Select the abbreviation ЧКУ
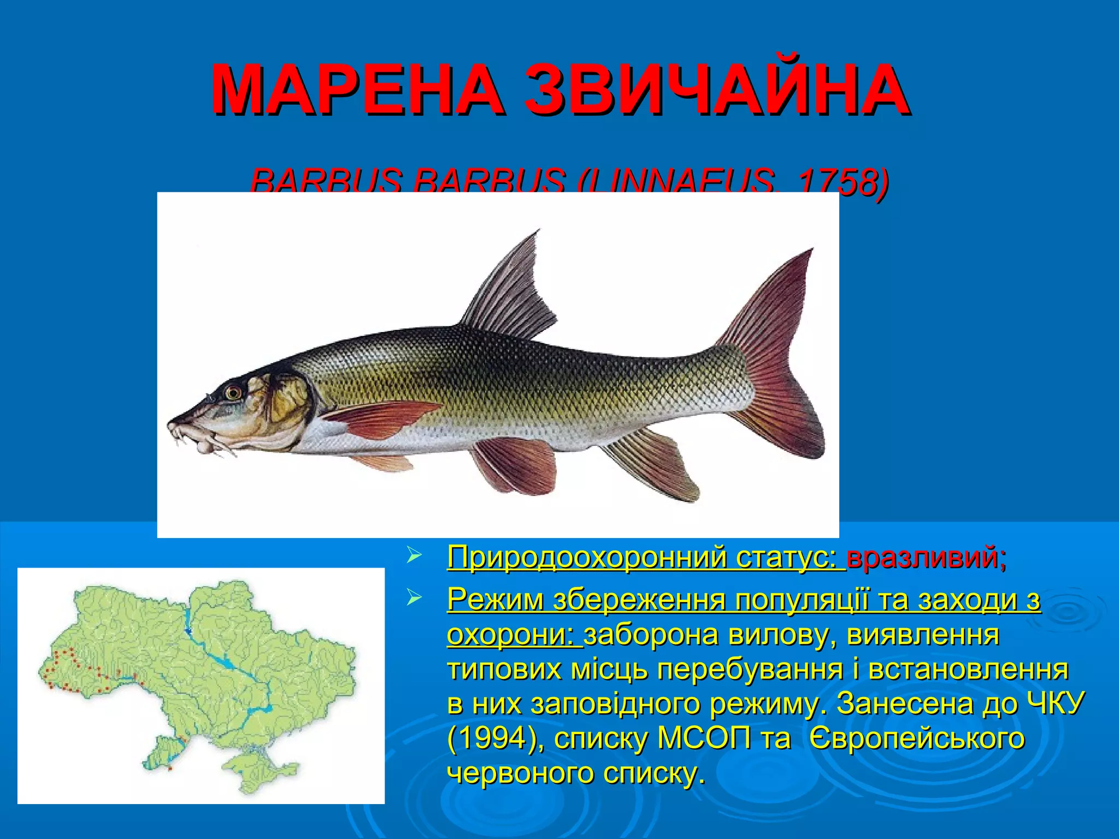(1055, 704)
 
